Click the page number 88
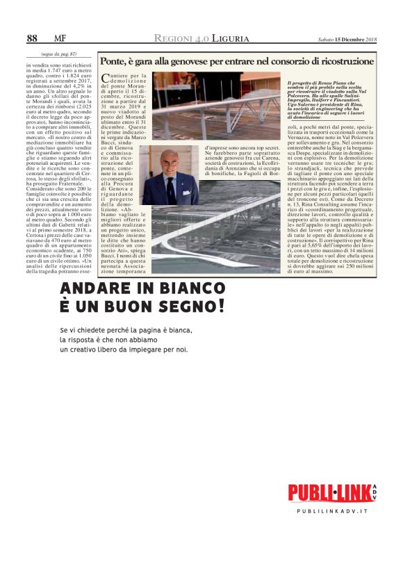(x=32, y=38)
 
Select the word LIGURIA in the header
(x=225, y=38)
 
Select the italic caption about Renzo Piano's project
(x=330, y=99)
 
